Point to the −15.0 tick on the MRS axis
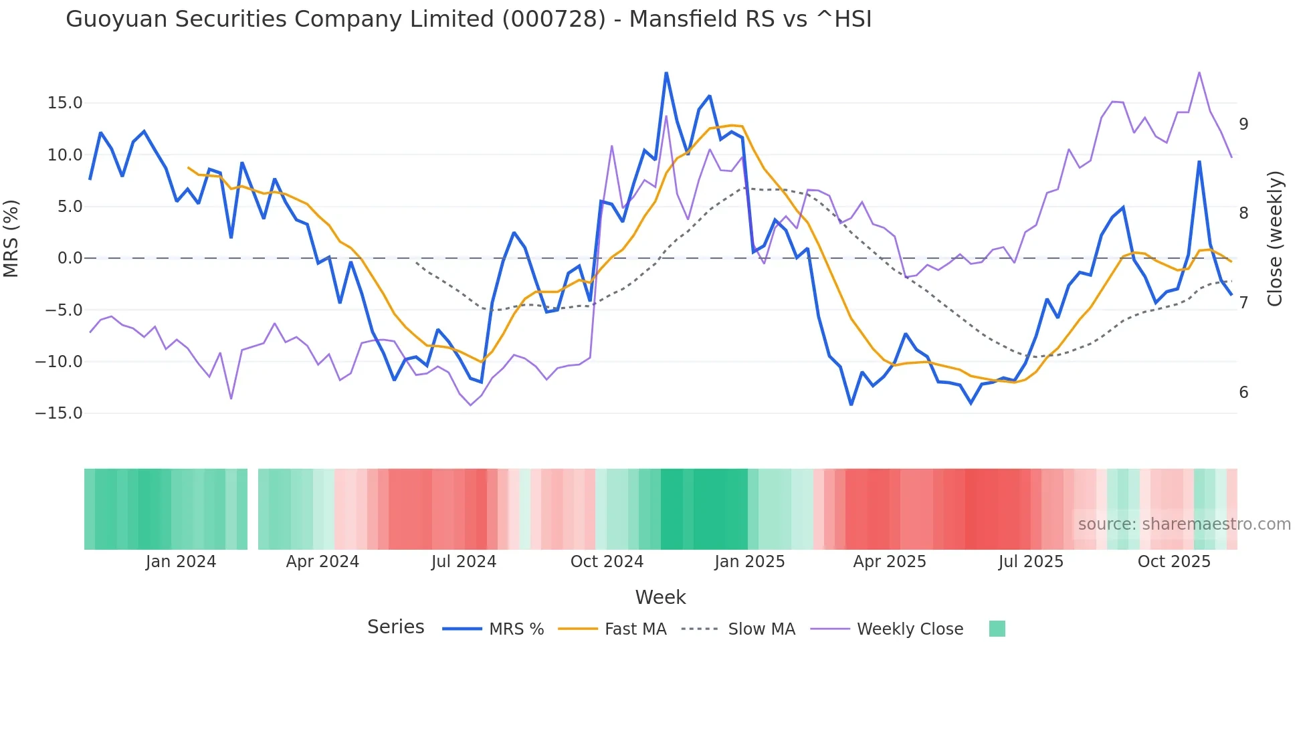(59, 413)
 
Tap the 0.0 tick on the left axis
(70, 258)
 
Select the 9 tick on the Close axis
(1243, 124)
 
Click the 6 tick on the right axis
(1243, 393)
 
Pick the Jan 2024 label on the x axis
(181, 562)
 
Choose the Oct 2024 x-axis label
(607, 562)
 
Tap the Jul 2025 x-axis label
(1031, 562)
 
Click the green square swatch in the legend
(997, 629)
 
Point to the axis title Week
(660, 597)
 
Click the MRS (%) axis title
(11, 239)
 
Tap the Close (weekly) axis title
(1275, 239)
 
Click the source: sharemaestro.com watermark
(1184, 524)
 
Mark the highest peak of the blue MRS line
(666, 73)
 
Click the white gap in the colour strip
(253, 509)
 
